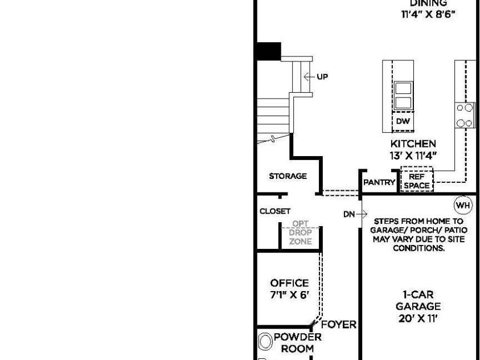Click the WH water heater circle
[463, 205]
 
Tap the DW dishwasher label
[403, 122]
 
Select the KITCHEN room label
[413, 144]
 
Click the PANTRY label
[379, 182]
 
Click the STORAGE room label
[288, 177]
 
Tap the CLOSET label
[275, 211]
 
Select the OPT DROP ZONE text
[300, 233]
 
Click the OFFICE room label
[289, 283]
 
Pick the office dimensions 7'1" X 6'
[289, 295]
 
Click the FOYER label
[339, 325]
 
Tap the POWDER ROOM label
[298, 342]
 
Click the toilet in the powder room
[265, 342]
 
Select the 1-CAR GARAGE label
[418, 301]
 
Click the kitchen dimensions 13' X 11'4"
[413, 156]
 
